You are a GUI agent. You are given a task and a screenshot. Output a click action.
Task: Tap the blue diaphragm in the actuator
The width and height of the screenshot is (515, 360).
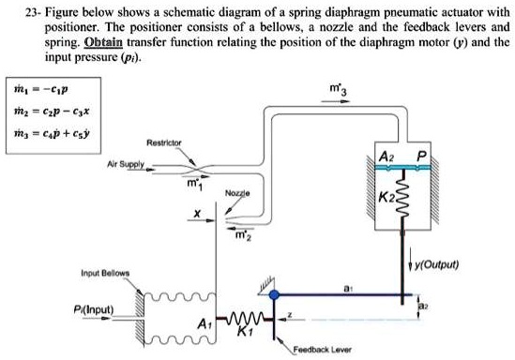pyautogui.click(x=403, y=169)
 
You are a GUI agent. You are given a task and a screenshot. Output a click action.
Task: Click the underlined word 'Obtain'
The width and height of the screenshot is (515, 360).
pyautogui.click(x=107, y=45)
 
